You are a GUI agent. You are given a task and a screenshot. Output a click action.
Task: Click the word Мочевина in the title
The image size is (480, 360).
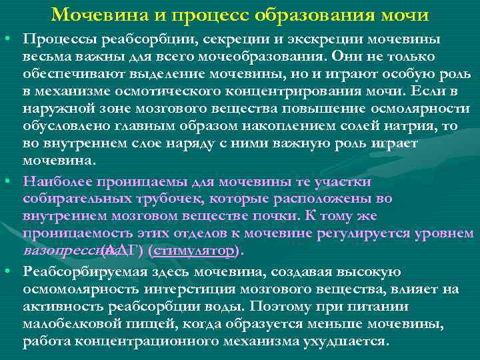(x=94, y=14)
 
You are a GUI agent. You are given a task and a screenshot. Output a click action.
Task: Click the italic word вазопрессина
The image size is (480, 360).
(x=62, y=251)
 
